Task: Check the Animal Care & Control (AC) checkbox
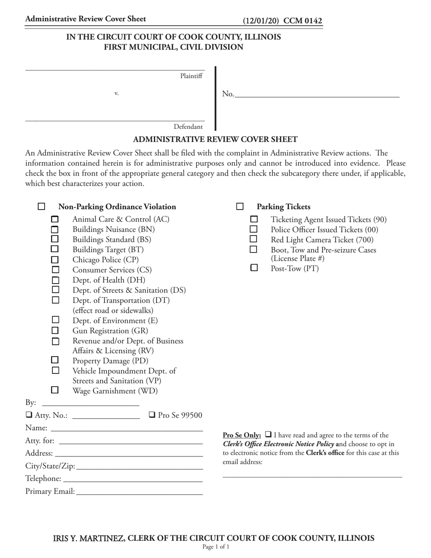pos(55,220)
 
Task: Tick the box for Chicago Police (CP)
pos(55,260)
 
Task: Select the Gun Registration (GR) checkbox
pos(55,330)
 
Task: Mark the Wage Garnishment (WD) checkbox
pos(55,390)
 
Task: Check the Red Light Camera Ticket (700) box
pos(254,239)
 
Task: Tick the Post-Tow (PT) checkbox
pos(254,268)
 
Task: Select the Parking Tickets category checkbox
pos(240,207)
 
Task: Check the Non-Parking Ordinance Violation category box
pos(41,207)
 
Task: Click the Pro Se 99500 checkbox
pos(152,415)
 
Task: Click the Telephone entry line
pos(132,479)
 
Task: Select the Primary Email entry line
pos(139,491)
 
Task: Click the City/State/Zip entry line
pos(139,466)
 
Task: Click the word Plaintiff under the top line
pos(191,76)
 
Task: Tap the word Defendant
pos(188,127)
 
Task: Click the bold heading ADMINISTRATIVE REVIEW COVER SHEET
pos(215,140)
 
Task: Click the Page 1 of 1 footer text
pos(215,547)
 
